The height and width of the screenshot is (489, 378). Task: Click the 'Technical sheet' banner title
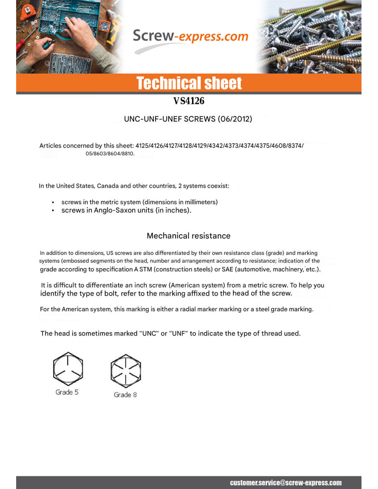[189, 83]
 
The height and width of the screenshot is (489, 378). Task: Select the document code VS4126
[189, 101]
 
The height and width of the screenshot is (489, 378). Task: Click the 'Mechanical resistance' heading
[188, 236]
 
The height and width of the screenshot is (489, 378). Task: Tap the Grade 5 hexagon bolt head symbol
[68, 369]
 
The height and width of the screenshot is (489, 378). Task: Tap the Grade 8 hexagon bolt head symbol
[126, 371]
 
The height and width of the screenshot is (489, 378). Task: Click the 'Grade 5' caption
[67, 392]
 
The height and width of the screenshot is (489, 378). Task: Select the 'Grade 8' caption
[125, 395]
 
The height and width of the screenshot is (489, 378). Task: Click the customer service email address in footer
[286, 483]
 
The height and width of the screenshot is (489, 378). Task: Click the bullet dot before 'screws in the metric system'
[53, 203]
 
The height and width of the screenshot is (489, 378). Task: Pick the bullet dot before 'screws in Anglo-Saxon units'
[53, 210]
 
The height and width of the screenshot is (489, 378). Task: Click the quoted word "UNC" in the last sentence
[149, 334]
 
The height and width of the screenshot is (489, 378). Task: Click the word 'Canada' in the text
[108, 186]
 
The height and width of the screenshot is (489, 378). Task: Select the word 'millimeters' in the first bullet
[200, 202]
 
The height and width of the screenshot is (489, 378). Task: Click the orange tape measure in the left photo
[27, 12]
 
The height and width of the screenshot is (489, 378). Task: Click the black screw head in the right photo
[304, 34]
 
